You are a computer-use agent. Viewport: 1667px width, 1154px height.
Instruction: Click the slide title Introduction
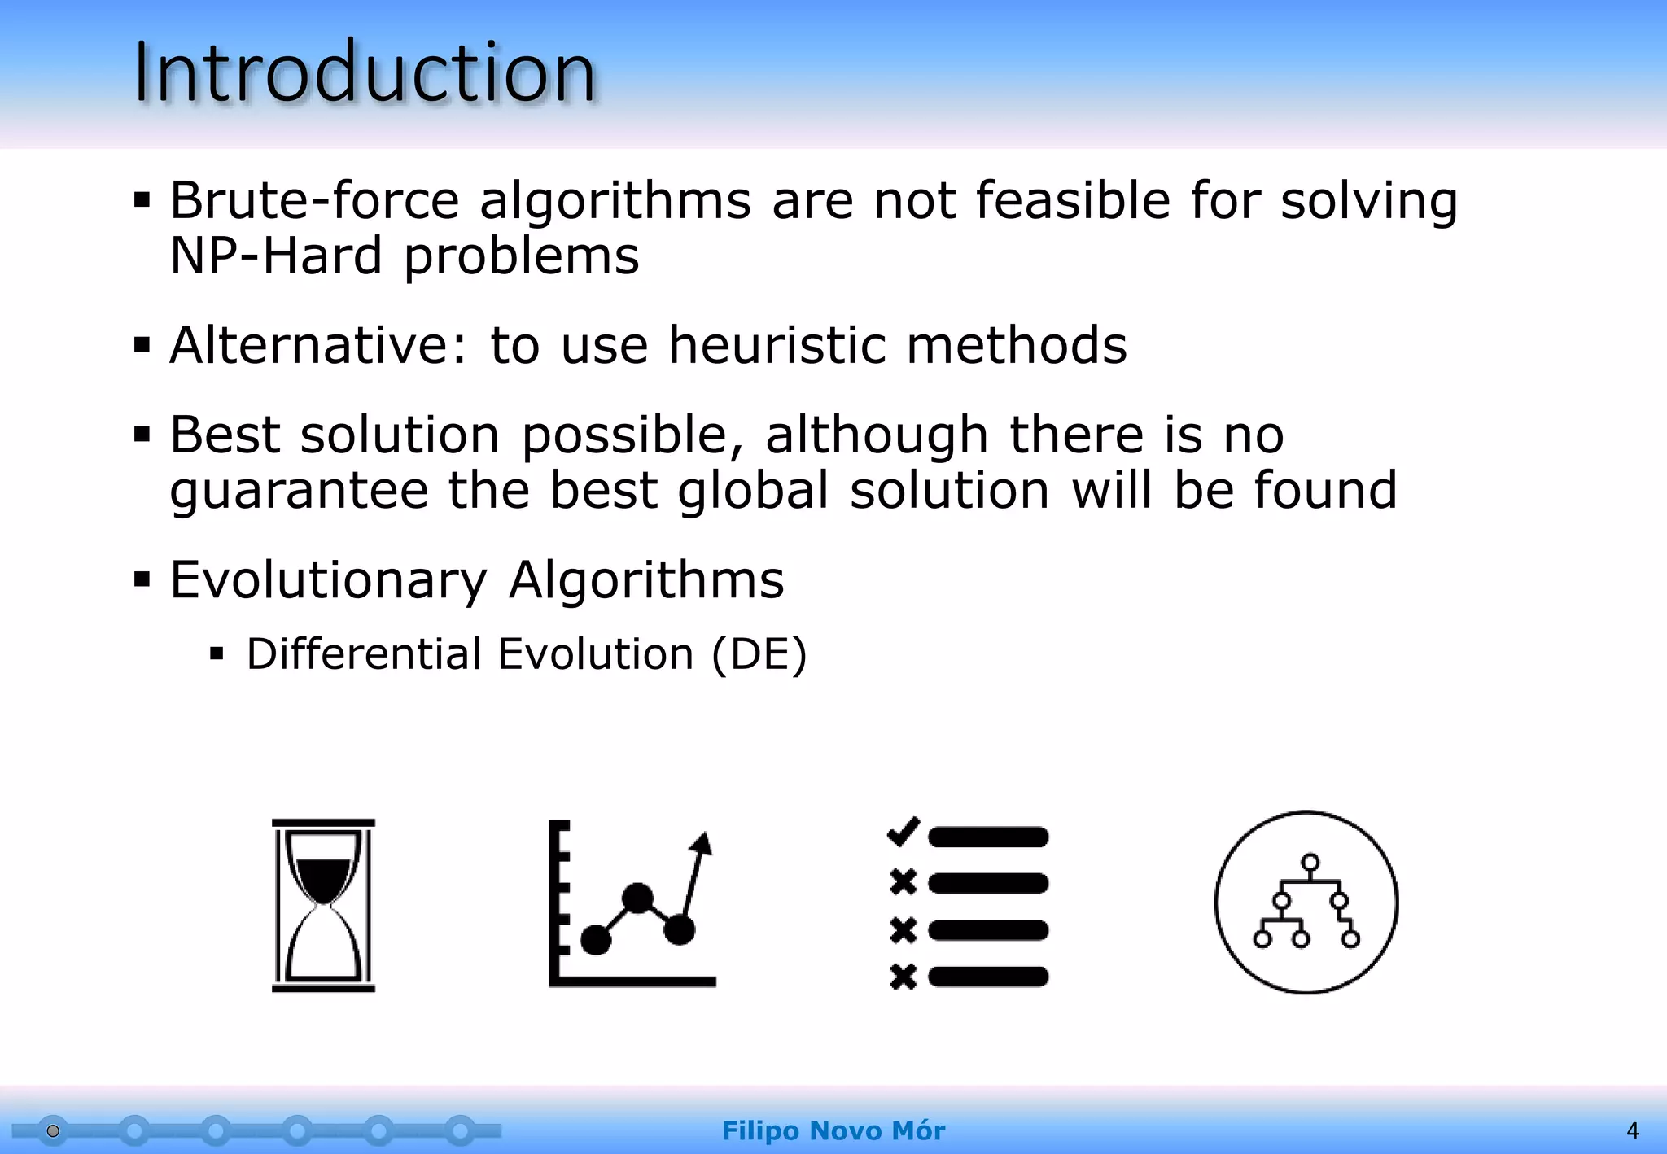[365, 73]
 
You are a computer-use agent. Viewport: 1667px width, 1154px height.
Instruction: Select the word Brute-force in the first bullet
[314, 200]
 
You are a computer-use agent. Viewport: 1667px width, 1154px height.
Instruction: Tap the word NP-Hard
[275, 256]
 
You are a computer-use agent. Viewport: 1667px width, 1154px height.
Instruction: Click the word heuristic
[777, 345]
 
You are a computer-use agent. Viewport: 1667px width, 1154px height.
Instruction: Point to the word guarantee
[299, 492]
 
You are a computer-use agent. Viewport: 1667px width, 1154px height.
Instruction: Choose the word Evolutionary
[328, 580]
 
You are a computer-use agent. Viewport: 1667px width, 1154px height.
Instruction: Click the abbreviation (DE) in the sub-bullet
[759, 654]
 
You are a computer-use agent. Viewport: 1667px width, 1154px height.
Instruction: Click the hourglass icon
[323, 905]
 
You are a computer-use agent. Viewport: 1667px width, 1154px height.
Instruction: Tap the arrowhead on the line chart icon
[702, 844]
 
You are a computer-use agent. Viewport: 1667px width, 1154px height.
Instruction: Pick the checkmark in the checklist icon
[903, 832]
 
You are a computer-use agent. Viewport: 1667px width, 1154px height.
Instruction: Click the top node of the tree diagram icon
[1310, 863]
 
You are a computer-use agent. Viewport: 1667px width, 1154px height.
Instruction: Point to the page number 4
[1632, 1130]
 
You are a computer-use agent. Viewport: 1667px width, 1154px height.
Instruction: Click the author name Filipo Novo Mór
[833, 1130]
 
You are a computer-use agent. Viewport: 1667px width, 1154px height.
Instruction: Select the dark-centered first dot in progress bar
[53, 1130]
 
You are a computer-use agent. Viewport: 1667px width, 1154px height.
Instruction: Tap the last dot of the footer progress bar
[460, 1130]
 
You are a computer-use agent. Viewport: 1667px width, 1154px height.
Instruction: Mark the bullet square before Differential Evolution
[217, 653]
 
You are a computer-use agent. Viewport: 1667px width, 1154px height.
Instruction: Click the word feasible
[1072, 200]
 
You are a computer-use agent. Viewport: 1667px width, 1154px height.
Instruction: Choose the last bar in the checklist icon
[988, 977]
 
